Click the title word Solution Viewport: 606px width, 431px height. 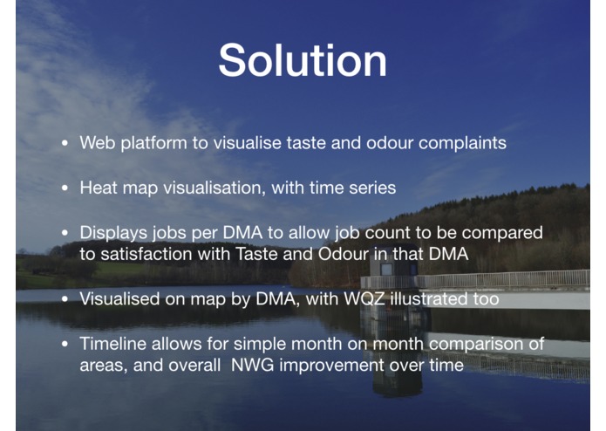click(302, 60)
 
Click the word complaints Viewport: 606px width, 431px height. click(461, 143)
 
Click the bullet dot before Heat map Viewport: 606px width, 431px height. click(65, 188)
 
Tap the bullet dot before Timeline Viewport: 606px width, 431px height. click(65, 345)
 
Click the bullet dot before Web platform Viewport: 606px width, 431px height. click(65, 144)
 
